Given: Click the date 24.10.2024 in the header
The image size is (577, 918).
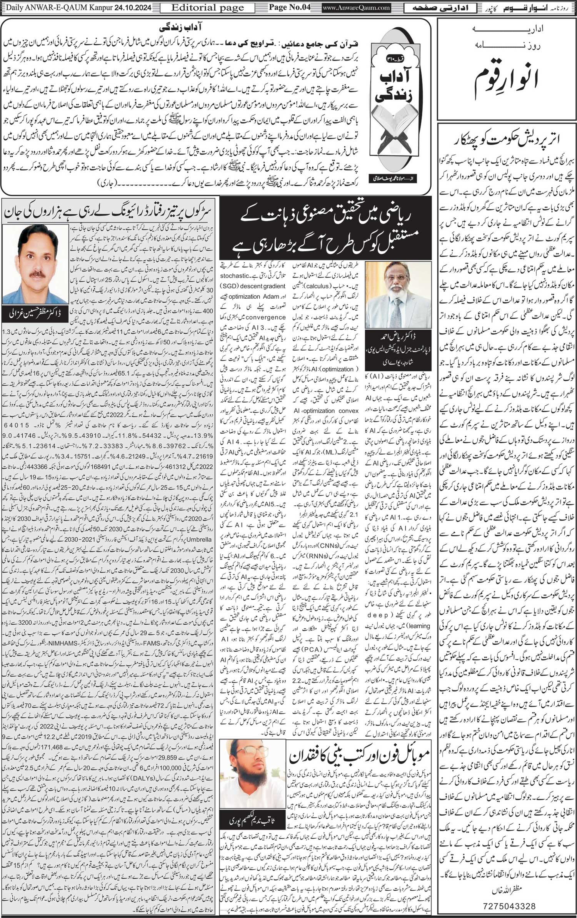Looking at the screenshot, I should point(132,7).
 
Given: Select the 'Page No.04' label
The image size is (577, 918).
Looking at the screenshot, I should point(289,7).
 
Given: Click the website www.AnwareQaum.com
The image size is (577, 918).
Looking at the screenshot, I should point(356,7).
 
